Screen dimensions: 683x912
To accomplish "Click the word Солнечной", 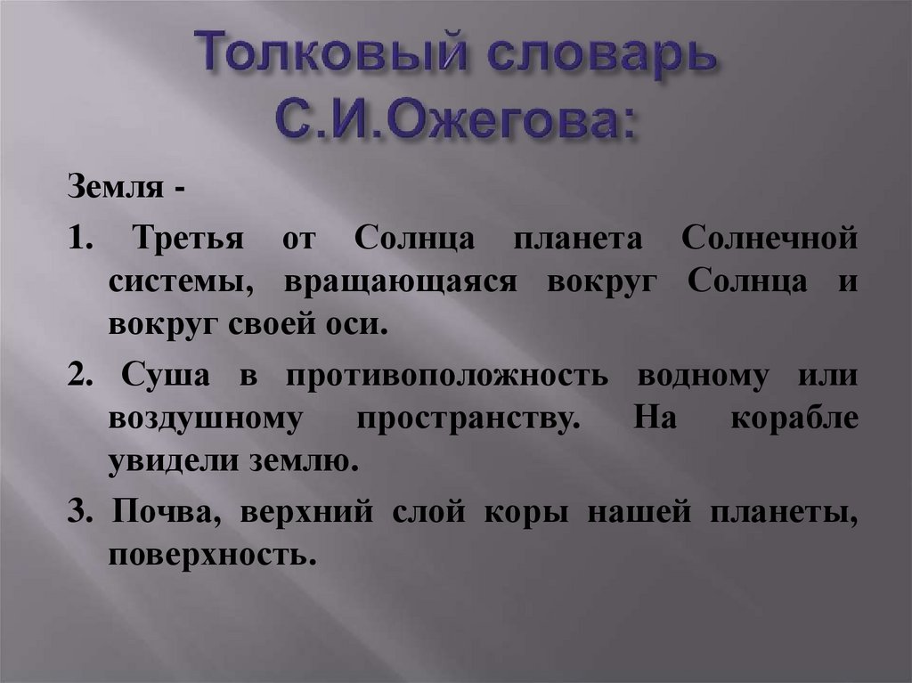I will (x=770, y=240).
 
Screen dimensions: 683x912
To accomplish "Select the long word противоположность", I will (x=460, y=375).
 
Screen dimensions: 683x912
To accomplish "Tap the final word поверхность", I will (x=212, y=556).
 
